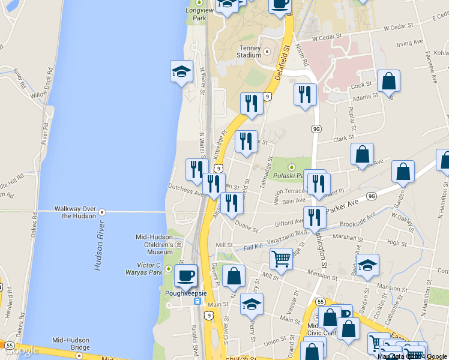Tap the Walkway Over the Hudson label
tap(75, 212)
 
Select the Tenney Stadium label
tap(249, 52)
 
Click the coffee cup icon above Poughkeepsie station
tap(185, 276)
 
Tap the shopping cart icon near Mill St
tap(281, 259)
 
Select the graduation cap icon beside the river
tap(181, 72)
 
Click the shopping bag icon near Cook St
tap(389, 82)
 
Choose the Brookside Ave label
tap(358, 221)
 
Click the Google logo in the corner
tap(21, 350)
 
